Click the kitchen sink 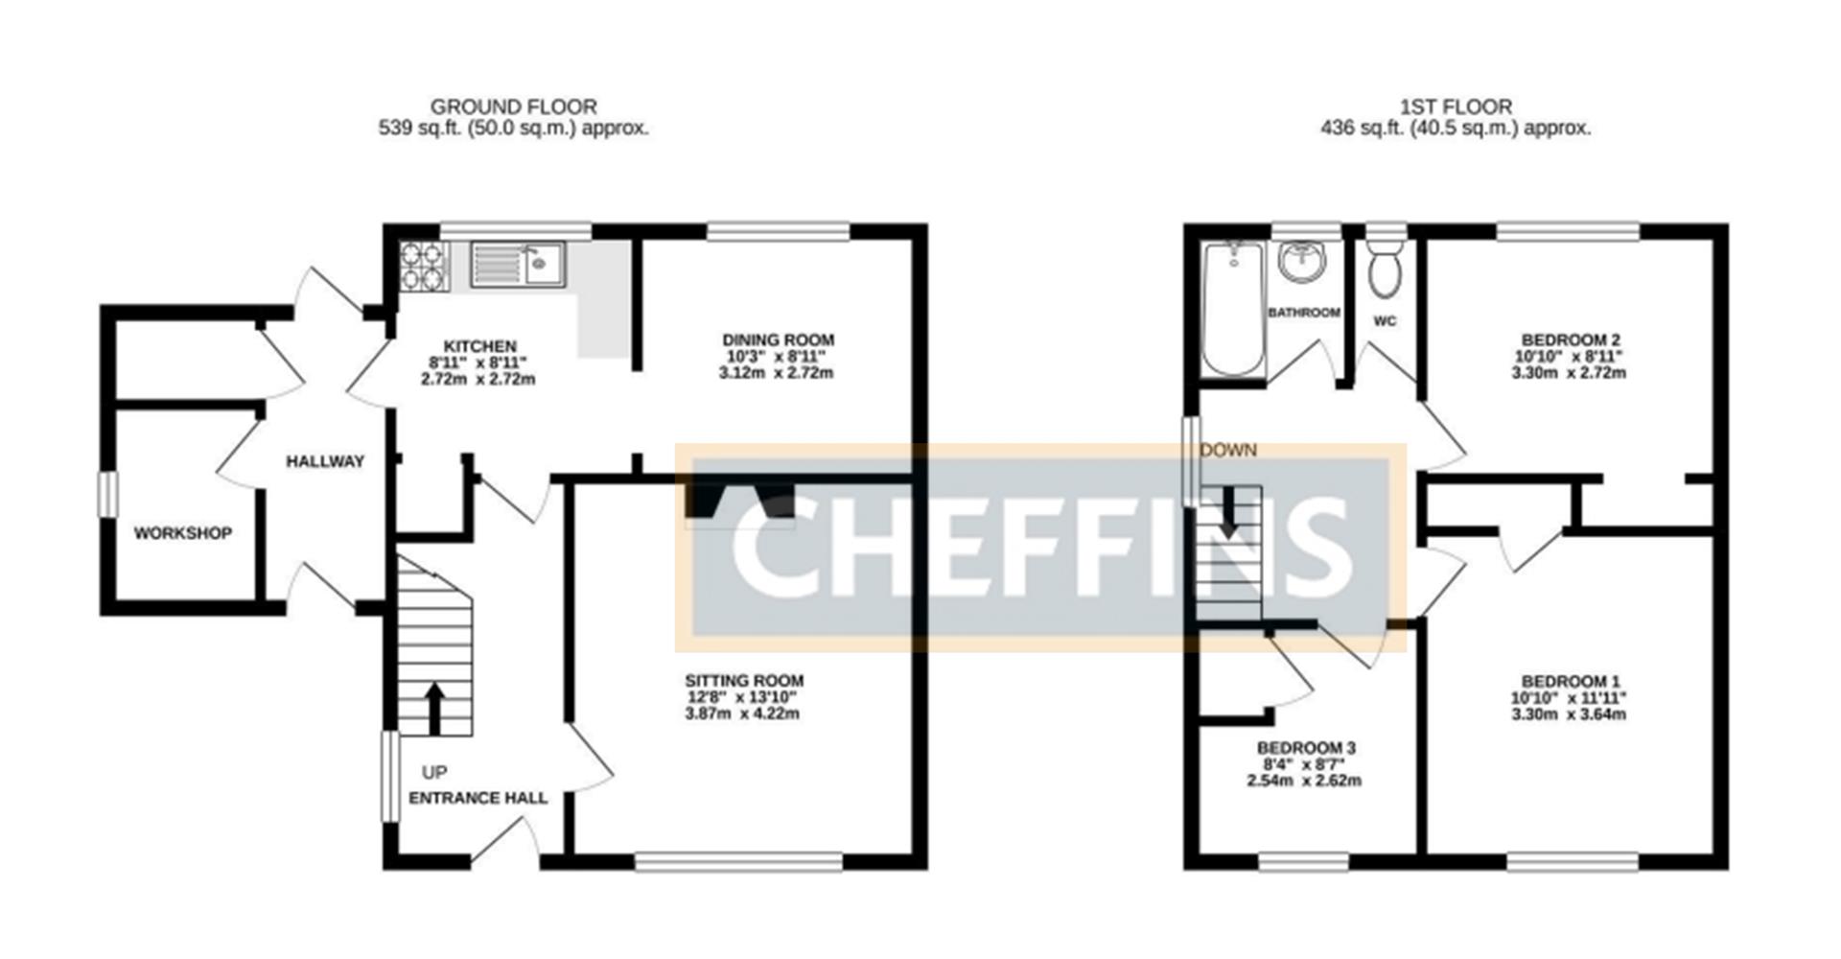[x=518, y=264]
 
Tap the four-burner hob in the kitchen [x=424, y=265]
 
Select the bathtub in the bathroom [x=1233, y=308]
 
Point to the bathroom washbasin [x=1303, y=261]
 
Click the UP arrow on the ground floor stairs [x=435, y=708]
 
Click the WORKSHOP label [x=182, y=533]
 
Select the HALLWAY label [x=325, y=461]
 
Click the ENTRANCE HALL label [x=478, y=798]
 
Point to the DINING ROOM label [x=778, y=339]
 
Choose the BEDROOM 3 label [x=1306, y=748]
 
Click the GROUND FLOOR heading [x=514, y=106]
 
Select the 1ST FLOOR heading [x=1456, y=106]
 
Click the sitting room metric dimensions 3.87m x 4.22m [x=742, y=713]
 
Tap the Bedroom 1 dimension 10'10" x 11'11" [x=1569, y=698]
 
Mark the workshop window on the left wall [x=108, y=496]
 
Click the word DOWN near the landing [x=1228, y=450]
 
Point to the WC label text [x=1385, y=321]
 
